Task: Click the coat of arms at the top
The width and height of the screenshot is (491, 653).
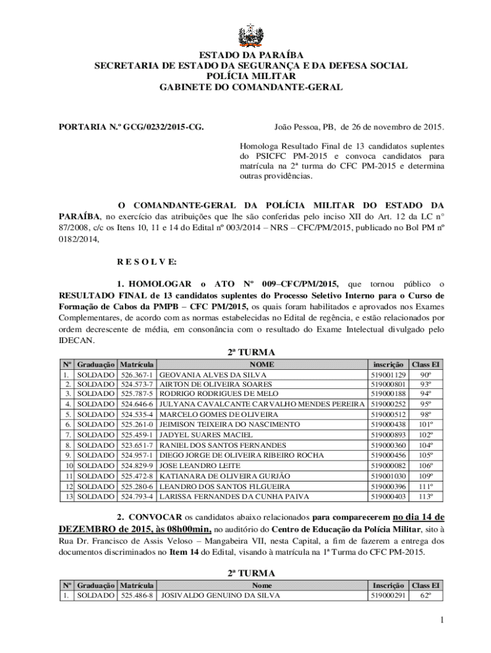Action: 246,36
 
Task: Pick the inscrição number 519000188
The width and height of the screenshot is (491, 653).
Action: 388,394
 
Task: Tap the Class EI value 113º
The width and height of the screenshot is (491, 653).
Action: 425,496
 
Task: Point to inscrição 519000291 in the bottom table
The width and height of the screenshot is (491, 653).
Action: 388,596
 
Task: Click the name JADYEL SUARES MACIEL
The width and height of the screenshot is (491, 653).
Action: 197,435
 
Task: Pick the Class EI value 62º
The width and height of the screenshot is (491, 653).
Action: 425,596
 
